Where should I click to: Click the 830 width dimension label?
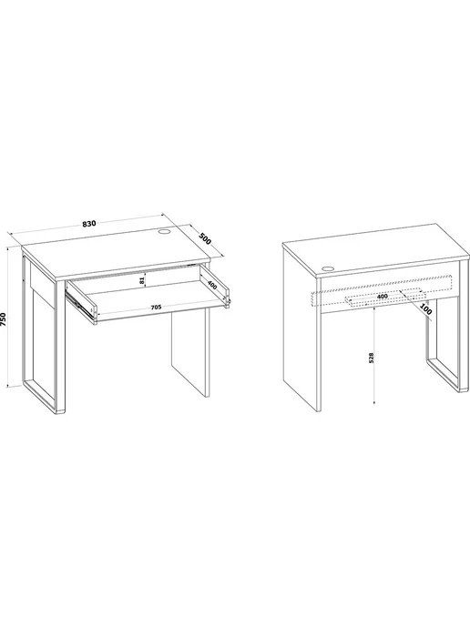click(89, 223)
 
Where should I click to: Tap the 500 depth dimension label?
click(205, 239)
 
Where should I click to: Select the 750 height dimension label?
click(4, 319)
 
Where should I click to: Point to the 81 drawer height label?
click(141, 280)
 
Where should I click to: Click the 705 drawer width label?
click(156, 307)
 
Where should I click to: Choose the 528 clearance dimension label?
click(371, 358)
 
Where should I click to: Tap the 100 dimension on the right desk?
click(426, 309)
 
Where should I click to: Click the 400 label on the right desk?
click(382, 297)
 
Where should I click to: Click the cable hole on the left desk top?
click(165, 231)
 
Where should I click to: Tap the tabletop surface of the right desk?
click(375, 249)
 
